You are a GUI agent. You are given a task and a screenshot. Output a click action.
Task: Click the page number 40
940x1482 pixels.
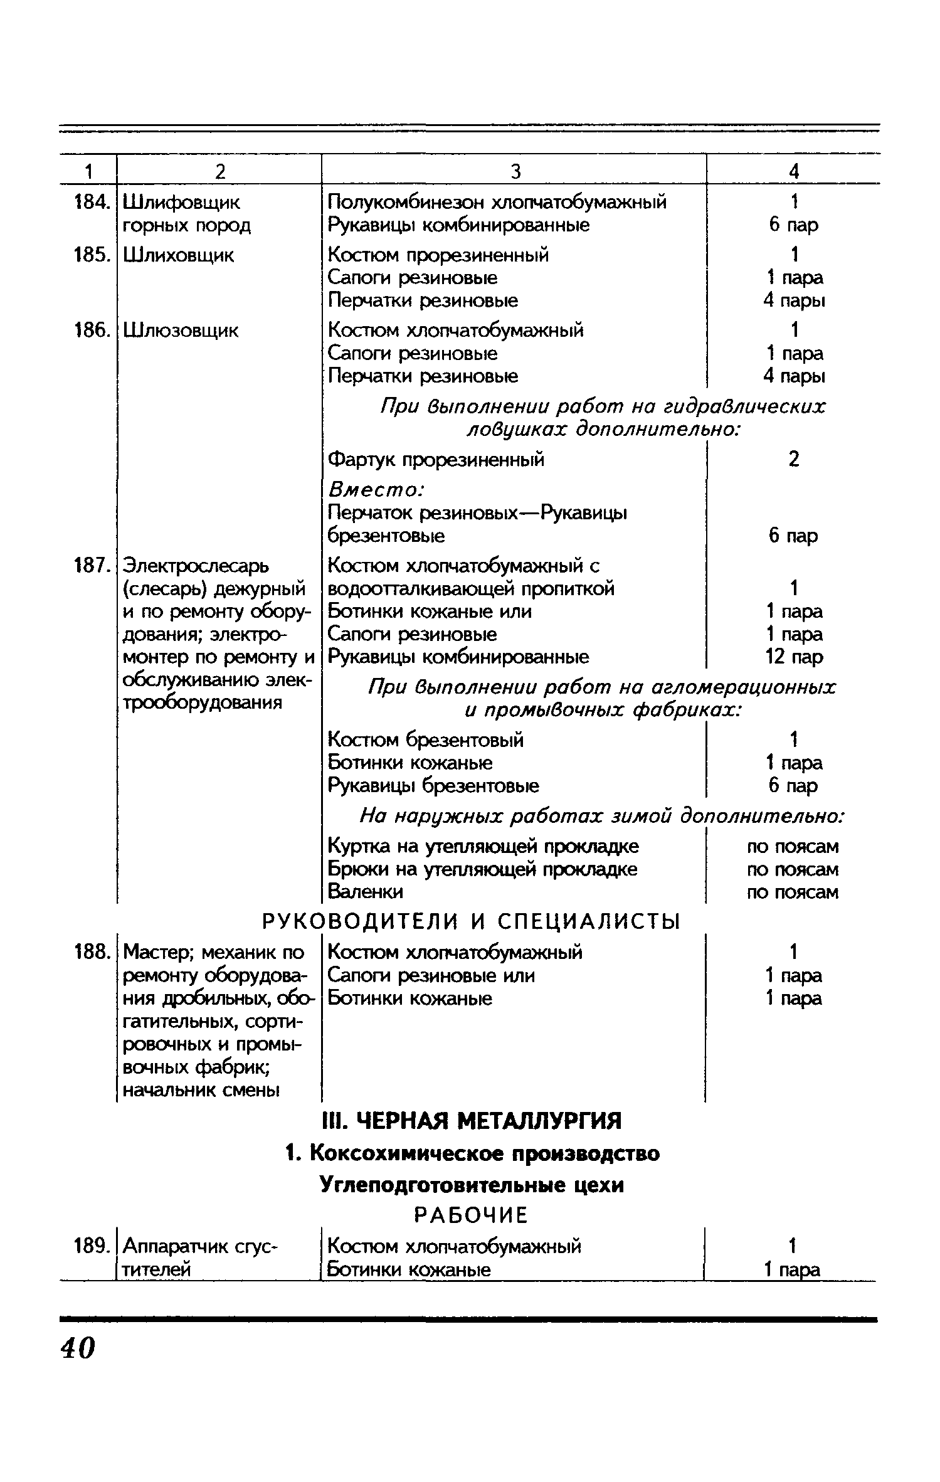tap(78, 1347)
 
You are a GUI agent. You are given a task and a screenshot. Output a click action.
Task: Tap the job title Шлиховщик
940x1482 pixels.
tap(179, 255)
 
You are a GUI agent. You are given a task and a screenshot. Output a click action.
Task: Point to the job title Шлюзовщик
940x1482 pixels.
tap(181, 331)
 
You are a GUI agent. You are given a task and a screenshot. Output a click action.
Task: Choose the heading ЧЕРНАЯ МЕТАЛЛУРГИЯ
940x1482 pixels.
tap(471, 1120)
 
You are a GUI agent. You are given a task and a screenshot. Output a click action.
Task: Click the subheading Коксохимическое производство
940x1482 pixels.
tap(472, 1153)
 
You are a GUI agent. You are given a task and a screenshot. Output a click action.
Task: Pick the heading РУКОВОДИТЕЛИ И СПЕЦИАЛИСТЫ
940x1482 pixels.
tap(470, 921)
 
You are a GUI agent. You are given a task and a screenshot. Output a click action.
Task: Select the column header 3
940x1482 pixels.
tap(515, 171)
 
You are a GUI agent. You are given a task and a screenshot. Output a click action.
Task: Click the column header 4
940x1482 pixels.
tap(794, 171)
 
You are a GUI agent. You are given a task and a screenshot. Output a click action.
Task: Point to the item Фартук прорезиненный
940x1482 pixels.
tap(436, 460)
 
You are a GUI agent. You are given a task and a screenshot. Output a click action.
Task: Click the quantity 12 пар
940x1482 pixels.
tap(794, 657)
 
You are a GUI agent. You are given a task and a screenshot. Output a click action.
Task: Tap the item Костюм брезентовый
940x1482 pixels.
tap(426, 740)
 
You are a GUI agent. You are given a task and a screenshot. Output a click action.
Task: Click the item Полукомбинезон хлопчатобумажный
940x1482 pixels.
tap(497, 202)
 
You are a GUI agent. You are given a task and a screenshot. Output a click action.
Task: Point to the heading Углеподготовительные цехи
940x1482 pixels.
tap(472, 1185)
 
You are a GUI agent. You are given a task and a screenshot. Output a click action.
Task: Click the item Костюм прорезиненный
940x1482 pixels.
tap(438, 255)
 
